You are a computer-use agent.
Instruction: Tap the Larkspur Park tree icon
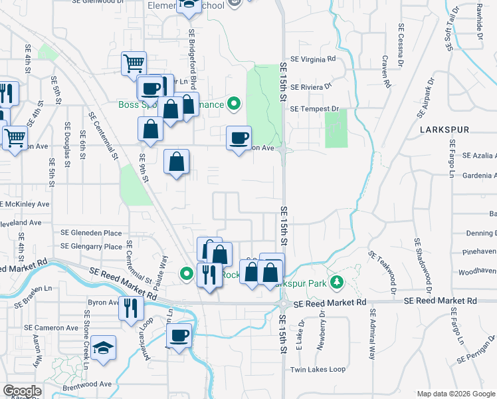tap(337, 283)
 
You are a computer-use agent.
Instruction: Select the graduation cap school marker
tap(103, 348)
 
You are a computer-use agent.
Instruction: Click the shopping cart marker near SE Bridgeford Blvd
tap(134, 65)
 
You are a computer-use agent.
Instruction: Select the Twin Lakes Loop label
tap(318, 369)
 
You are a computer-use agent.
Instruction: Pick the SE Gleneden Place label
tap(91, 233)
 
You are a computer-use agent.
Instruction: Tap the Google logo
tap(21, 391)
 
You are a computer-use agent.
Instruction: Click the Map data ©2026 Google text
tap(456, 394)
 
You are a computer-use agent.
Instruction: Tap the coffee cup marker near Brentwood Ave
tap(179, 336)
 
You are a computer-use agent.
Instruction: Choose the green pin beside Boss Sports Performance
tap(233, 104)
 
